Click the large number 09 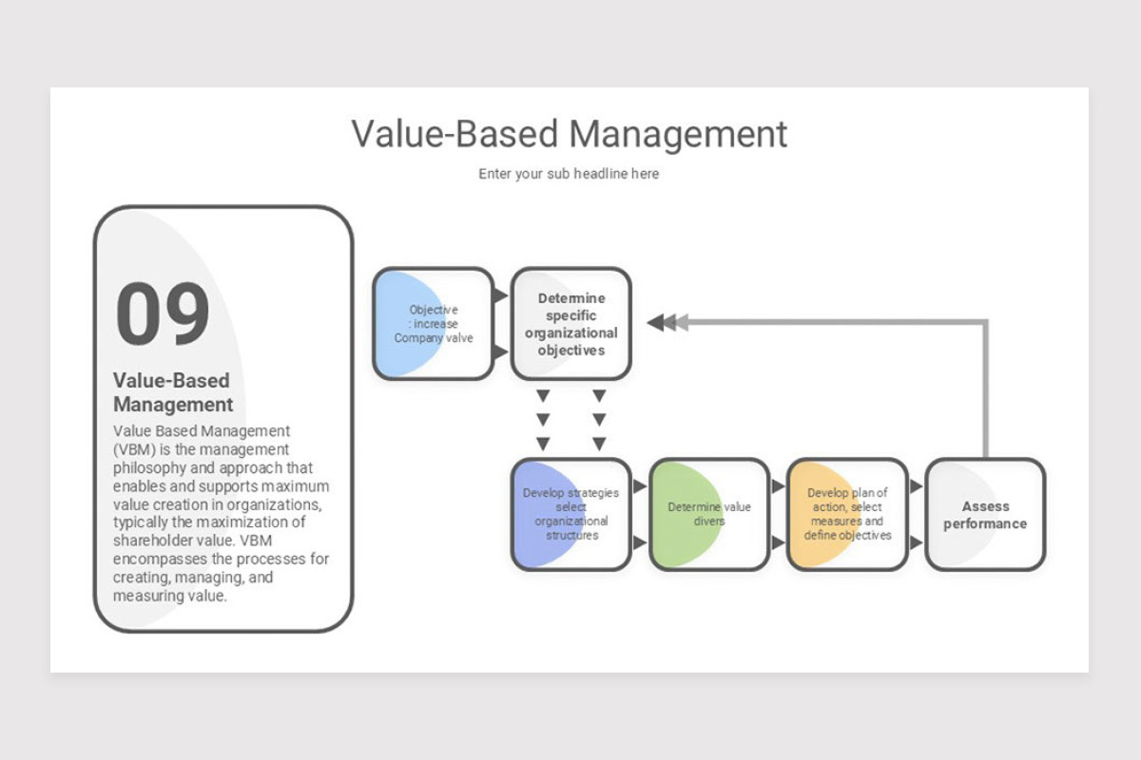(163, 314)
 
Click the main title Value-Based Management (569, 134)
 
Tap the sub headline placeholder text (569, 174)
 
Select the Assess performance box (985, 515)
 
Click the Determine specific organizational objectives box (570, 324)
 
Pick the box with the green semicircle (709, 515)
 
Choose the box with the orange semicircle (847, 515)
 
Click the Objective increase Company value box (433, 324)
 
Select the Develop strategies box (570, 515)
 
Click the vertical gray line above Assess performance (986, 389)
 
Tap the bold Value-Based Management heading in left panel (172, 392)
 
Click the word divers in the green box (709, 522)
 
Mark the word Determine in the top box (570, 298)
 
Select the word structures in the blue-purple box (571, 535)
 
